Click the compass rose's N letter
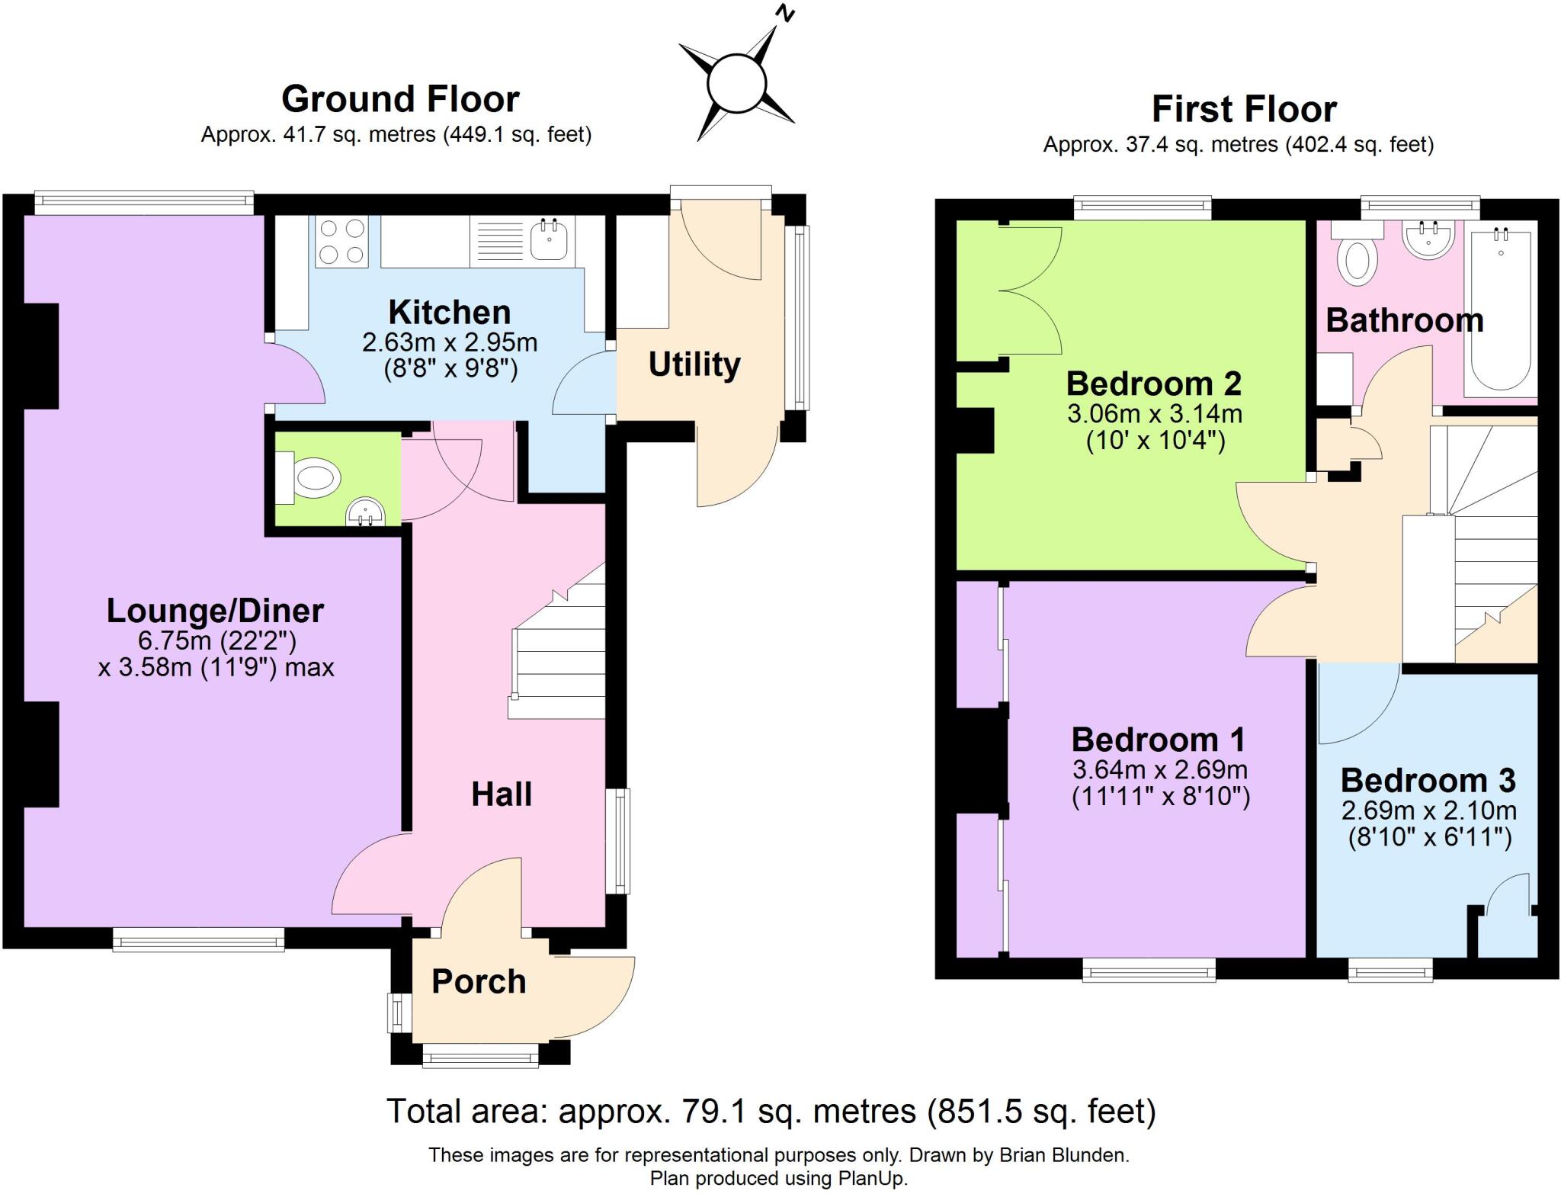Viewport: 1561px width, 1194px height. coord(784,14)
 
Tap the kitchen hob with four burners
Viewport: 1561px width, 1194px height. coord(341,241)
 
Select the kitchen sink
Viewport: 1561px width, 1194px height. coord(549,239)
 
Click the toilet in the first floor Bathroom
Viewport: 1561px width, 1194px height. coord(1356,258)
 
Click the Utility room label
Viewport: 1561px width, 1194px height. coord(694,364)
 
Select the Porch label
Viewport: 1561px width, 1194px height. coord(479,981)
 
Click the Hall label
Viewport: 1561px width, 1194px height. coord(501,794)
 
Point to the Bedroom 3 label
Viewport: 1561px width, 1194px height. coord(1428,780)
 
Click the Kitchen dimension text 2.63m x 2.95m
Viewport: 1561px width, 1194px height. coord(450,342)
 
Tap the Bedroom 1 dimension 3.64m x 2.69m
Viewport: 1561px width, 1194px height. coord(1159,769)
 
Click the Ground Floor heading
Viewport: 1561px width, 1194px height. coord(400,99)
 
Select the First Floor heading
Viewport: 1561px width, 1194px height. coord(1243,109)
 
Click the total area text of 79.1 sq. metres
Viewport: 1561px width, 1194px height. coord(771,1112)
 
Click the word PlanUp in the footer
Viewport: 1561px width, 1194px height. coord(872,1178)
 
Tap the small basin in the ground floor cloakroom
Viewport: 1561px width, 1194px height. coord(365,513)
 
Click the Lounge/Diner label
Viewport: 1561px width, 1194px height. coord(215,611)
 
